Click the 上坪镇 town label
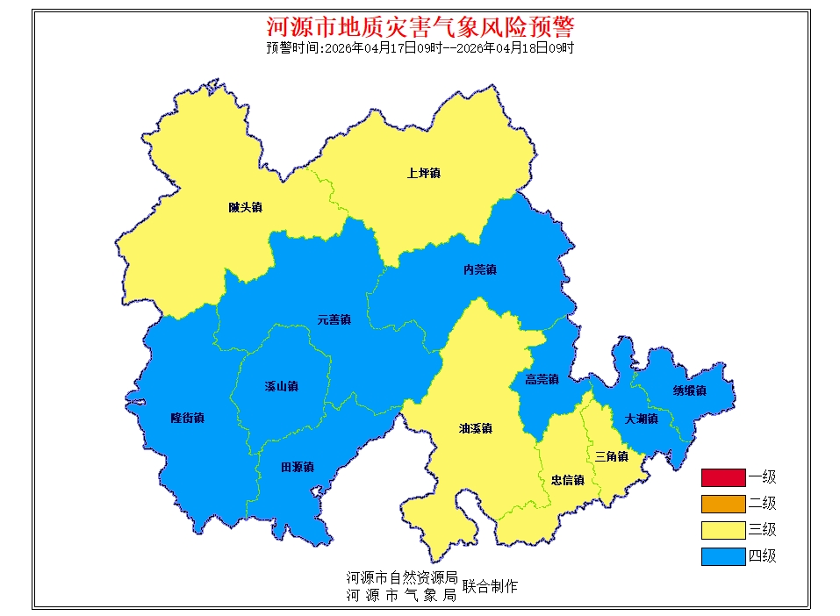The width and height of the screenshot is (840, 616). click(x=423, y=173)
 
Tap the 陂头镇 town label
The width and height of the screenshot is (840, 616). click(x=245, y=208)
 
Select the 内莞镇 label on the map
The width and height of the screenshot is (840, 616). click(x=479, y=269)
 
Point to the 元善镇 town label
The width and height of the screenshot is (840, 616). click(x=334, y=320)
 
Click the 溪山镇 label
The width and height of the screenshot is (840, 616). click(x=281, y=386)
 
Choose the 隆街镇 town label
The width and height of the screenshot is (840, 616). click(x=187, y=418)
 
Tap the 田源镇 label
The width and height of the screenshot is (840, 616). click(x=297, y=467)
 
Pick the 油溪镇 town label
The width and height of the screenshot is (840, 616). click(x=475, y=429)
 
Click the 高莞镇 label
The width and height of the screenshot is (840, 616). click(x=542, y=380)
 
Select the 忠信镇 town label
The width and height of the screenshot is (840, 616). click(x=567, y=480)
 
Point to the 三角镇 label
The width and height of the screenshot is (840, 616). click(x=611, y=456)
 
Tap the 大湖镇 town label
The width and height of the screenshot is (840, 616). click(x=641, y=419)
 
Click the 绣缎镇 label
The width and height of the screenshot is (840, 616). click(x=689, y=390)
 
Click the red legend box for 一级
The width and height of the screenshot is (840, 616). click(x=722, y=477)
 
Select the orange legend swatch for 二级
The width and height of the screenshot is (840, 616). click(x=722, y=504)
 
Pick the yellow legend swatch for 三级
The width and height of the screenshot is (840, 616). click(x=722, y=530)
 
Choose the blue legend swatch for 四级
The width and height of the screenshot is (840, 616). click(x=722, y=556)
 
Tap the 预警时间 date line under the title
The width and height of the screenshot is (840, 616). click(x=420, y=48)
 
